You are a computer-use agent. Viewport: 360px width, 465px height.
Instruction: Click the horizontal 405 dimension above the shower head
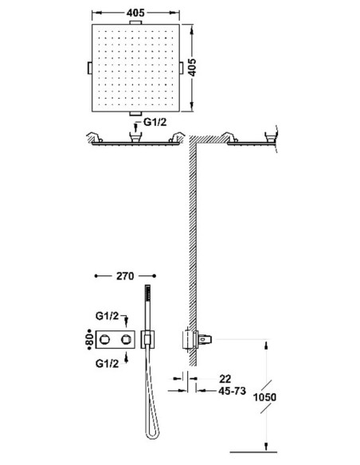tap(135, 13)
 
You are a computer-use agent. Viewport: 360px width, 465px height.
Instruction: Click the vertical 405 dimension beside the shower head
tap(192, 68)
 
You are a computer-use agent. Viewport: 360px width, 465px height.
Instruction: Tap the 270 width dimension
tap(125, 276)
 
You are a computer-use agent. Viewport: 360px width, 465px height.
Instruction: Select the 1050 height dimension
tap(264, 397)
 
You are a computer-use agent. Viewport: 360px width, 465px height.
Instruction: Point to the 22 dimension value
tap(225, 379)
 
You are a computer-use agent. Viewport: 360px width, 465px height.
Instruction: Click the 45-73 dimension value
tap(233, 391)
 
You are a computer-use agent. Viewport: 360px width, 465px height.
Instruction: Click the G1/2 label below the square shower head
tap(155, 122)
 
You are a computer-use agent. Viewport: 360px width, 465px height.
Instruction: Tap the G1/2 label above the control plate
tap(107, 316)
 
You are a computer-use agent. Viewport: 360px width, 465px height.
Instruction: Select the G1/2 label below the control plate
tap(107, 363)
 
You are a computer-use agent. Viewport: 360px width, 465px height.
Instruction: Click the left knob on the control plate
tap(104, 339)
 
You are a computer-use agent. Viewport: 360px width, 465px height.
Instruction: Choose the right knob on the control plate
tap(126, 339)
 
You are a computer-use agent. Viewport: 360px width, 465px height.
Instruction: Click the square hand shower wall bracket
tap(148, 339)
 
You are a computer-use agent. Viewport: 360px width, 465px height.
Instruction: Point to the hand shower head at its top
tap(147, 293)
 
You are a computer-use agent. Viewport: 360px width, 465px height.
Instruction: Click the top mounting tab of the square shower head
tap(135, 22)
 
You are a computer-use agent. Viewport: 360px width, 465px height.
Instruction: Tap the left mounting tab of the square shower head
tap(89, 68)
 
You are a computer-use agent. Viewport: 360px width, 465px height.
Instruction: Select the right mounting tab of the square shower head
tap(181, 68)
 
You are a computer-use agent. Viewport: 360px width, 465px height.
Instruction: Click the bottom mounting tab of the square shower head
tap(135, 113)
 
